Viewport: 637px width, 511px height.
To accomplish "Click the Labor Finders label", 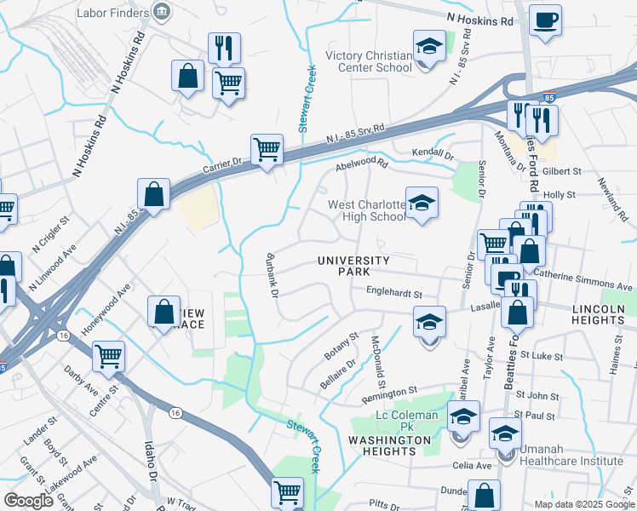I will tap(112, 13).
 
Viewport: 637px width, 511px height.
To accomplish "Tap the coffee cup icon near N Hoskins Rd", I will tap(545, 20).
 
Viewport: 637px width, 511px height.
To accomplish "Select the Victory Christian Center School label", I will tap(370, 61).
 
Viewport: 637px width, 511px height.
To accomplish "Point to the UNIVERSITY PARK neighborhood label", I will tap(353, 266).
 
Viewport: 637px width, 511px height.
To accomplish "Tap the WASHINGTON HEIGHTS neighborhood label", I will tap(390, 445).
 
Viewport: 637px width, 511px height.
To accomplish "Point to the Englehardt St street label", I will tap(394, 290).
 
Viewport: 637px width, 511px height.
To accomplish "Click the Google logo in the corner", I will tap(28, 500).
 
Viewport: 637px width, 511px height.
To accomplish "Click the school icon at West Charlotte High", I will tap(421, 204).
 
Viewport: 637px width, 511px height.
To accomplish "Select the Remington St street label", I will tap(389, 391).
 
